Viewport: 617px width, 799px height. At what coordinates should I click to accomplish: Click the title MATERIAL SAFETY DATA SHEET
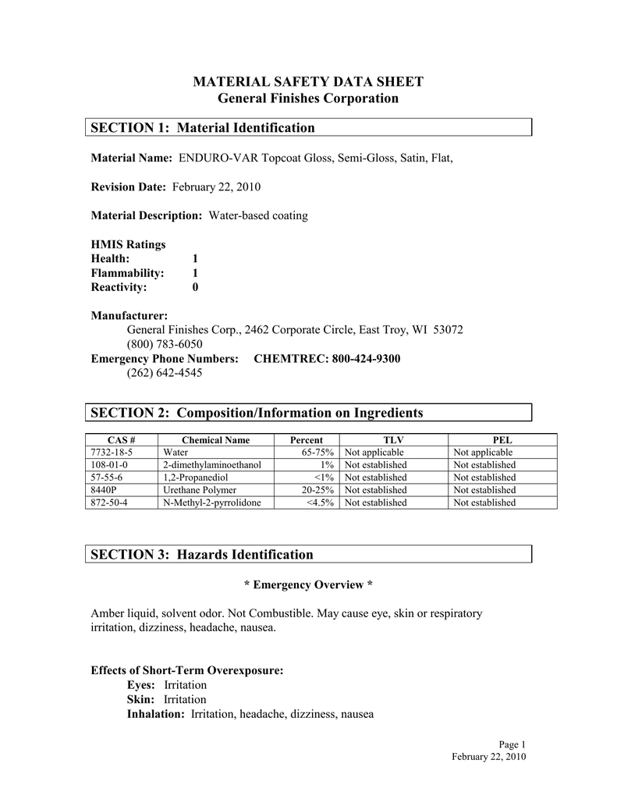(x=307, y=82)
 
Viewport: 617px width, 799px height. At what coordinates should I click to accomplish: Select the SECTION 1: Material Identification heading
(x=203, y=127)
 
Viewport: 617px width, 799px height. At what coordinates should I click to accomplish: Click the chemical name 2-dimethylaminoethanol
(x=212, y=464)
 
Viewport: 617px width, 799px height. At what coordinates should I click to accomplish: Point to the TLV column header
(x=393, y=439)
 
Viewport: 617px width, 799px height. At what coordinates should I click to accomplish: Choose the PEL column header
(x=502, y=439)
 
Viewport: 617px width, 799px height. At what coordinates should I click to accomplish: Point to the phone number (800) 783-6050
(x=165, y=344)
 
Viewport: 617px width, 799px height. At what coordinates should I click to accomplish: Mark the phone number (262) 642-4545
(x=165, y=372)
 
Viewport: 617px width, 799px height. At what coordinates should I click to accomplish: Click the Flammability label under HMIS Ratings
(x=127, y=273)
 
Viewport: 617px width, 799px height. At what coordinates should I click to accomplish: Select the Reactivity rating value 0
(x=195, y=287)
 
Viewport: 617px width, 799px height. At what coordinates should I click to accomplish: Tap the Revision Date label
(x=129, y=187)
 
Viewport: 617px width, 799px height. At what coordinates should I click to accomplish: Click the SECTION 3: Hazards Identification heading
(x=202, y=555)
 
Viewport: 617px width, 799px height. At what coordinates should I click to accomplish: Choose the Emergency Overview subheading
(x=307, y=584)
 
